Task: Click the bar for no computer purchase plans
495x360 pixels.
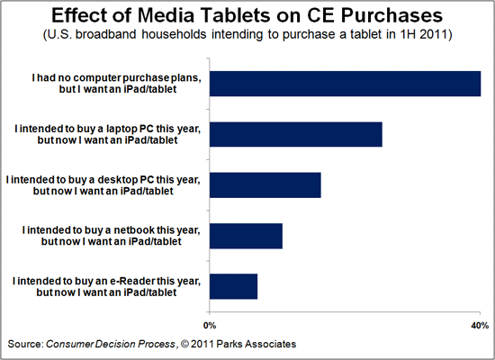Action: point(345,83)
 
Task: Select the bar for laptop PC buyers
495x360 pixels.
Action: point(296,134)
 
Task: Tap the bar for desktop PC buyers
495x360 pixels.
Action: point(265,184)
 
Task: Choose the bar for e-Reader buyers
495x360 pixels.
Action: point(234,286)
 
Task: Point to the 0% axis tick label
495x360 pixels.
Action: point(211,324)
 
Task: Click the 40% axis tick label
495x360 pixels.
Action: point(478,324)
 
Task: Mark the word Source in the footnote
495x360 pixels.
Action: point(25,344)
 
